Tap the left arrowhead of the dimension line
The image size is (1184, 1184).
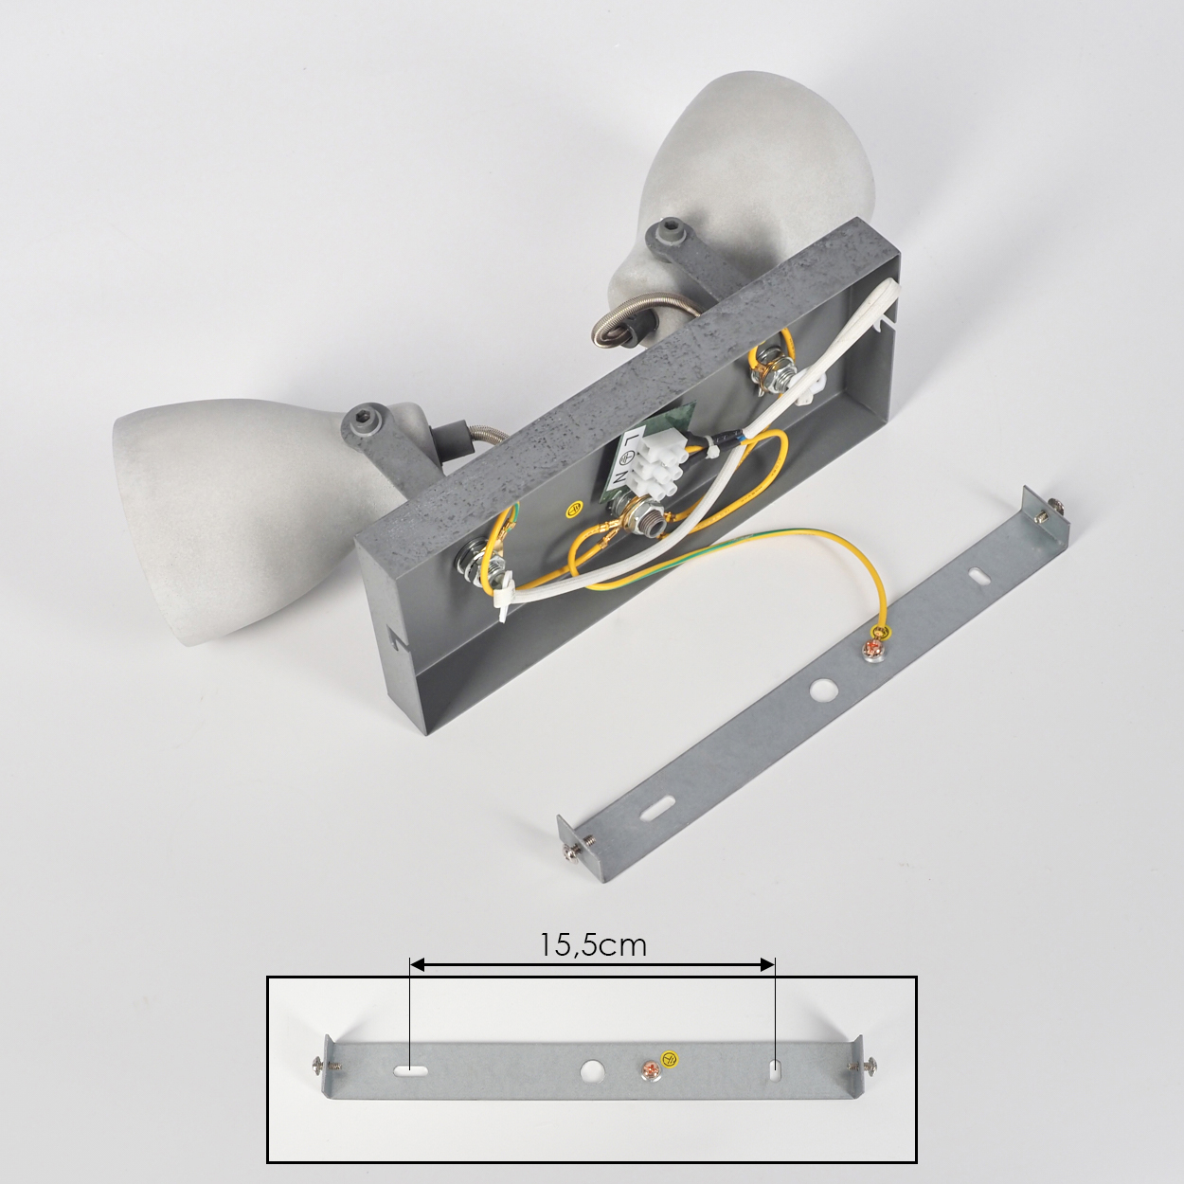pos(417,983)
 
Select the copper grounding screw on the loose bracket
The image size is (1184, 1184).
pos(873,648)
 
